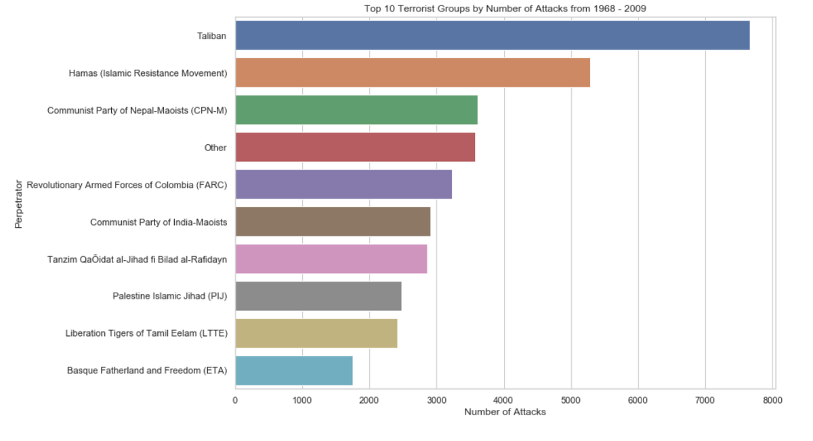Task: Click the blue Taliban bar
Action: point(493,35)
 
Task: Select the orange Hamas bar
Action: point(413,72)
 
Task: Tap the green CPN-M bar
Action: point(356,110)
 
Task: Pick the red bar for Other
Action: point(355,147)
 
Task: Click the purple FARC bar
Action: point(343,184)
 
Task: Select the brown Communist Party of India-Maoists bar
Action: point(333,222)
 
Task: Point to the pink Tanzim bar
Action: point(331,259)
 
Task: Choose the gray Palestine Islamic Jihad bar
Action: point(318,296)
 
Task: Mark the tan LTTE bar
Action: point(316,333)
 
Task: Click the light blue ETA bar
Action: point(294,371)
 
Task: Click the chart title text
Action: point(505,9)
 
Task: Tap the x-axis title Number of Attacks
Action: point(505,412)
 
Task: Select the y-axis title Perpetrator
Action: point(19,203)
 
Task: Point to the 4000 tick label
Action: point(503,400)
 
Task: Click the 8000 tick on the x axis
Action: point(772,400)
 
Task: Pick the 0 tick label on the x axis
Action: point(235,400)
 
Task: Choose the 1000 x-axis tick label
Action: point(302,400)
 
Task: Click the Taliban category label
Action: point(212,36)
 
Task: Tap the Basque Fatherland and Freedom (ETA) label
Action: point(147,371)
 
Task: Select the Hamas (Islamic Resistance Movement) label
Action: point(148,73)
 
